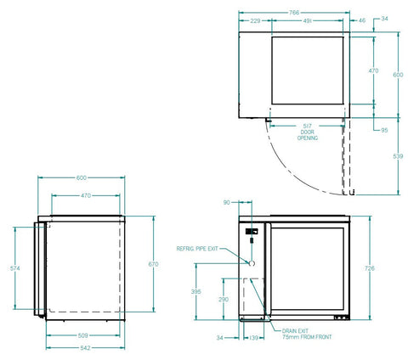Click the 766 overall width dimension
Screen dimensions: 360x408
(293, 13)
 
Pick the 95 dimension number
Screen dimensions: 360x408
(384, 130)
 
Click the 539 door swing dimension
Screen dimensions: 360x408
(396, 156)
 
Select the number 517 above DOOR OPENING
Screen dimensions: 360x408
(308, 126)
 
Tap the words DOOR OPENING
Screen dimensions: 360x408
(308, 135)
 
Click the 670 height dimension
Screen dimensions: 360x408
(153, 265)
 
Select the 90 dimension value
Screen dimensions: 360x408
(226, 203)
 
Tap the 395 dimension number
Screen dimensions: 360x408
(196, 290)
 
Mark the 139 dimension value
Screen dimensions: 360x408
(253, 338)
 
